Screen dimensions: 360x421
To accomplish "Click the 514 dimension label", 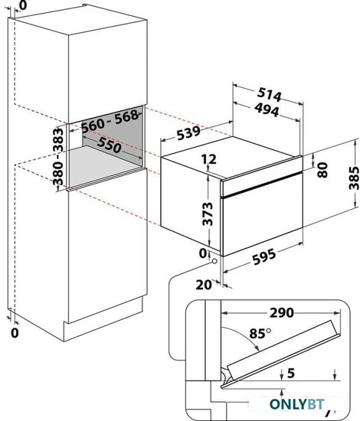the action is point(269,94).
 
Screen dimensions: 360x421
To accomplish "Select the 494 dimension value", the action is point(267,109).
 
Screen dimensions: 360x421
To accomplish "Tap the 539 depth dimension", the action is point(189,132).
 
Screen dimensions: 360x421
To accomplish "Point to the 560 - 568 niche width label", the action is point(110,121).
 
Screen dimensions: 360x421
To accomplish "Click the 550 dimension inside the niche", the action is point(109,145).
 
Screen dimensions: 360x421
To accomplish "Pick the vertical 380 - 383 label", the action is point(58,157).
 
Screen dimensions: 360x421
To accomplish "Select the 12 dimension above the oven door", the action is point(209,159).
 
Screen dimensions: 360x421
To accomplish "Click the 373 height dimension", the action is point(208,214).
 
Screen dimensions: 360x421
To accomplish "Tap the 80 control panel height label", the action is point(322,170).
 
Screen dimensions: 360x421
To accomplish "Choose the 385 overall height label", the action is point(354,178).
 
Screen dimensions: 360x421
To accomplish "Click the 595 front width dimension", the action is point(264,257).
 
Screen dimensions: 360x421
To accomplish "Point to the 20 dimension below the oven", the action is point(204,285).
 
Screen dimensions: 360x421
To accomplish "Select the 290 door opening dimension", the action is point(282,313).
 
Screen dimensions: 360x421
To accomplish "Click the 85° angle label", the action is point(260,333).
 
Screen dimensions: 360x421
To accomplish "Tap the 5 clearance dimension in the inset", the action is point(291,373).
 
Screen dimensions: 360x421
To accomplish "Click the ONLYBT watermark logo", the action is point(297,404).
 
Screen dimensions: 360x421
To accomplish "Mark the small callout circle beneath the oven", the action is point(214,261).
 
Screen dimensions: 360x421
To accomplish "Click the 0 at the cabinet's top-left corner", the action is point(24,5).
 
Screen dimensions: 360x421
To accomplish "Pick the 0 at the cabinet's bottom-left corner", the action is point(15,333).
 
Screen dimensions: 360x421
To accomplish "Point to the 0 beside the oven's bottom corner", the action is point(203,253).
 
